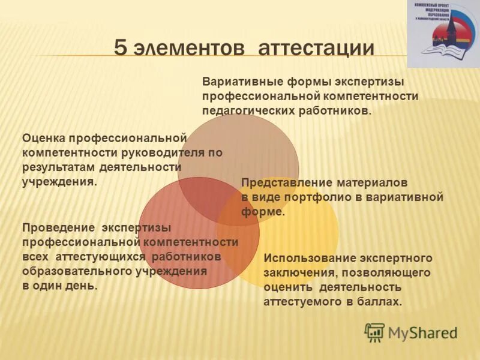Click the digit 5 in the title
click(x=121, y=48)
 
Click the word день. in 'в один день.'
click(x=83, y=286)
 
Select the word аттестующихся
click(x=101, y=257)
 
